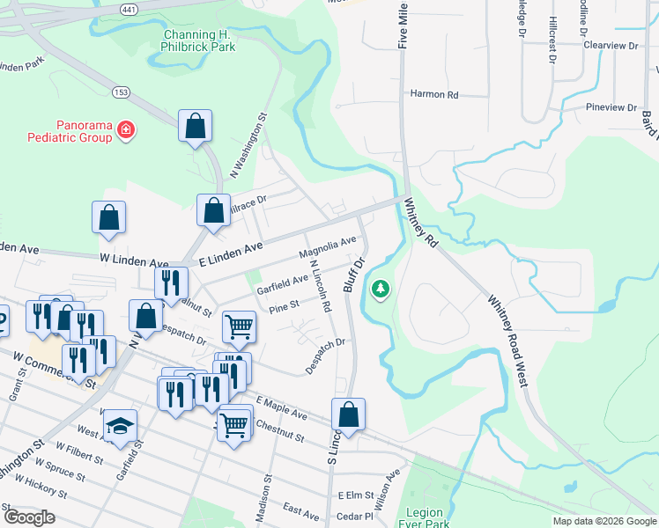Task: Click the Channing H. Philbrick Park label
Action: [199, 40]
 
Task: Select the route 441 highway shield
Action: [129, 8]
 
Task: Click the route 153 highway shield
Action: [122, 92]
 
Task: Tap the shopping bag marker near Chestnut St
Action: [349, 414]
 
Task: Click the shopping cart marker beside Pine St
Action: [239, 327]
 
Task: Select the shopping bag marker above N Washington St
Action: [195, 126]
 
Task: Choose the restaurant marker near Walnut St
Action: [168, 282]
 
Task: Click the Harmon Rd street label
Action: [434, 94]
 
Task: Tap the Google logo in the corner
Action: [30, 517]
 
